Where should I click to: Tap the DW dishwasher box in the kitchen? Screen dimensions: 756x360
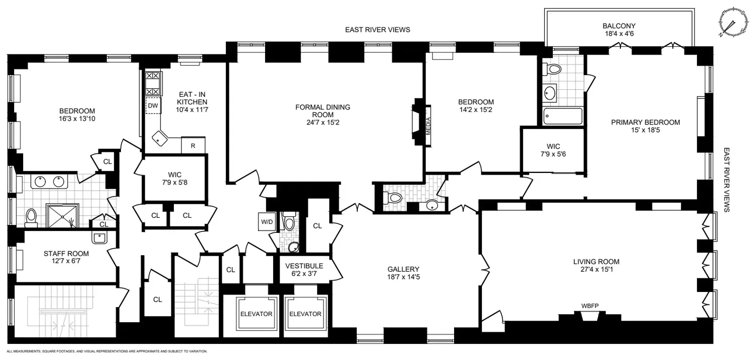coord(153,106)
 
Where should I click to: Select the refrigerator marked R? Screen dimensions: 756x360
coord(193,146)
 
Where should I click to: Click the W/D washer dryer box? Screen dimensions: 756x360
coord(267,222)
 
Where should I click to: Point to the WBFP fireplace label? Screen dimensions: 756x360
coord(590,306)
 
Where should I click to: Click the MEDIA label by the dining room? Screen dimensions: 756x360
coord(428,126)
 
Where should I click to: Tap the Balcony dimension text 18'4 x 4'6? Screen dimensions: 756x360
coord(619,33)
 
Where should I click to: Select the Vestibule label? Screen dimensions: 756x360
coord(304,266)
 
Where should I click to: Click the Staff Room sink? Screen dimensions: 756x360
coord(100,238)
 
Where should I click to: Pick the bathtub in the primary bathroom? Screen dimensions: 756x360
coord(563,116)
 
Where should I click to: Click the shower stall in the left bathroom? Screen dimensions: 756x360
coord(62,215)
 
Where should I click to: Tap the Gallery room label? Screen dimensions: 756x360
coord(403,269)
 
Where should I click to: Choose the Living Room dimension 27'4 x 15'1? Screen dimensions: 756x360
coord(596,269)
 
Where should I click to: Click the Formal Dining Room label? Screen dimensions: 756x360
coord(323,111)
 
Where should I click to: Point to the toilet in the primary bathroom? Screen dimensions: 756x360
coord(552,69)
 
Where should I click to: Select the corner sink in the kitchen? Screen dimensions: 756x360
coord(159,138)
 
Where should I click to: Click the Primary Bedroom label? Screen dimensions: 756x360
coord(645,122)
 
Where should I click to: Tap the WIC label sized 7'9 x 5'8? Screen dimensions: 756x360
coord(174,178)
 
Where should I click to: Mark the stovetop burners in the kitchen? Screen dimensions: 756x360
coord(152,83)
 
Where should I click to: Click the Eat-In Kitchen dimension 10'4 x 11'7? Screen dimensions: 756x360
coord(192,110)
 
